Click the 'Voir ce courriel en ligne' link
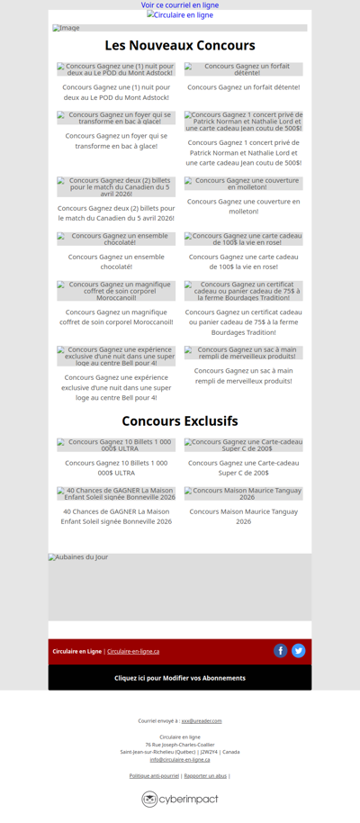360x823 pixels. tap(180, 5)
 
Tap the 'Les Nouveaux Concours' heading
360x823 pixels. tap(180, 46)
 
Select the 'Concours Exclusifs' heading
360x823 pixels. tap(180, 421)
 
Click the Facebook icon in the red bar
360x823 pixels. tap(281, 651)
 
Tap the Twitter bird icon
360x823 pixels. tap(299, 651)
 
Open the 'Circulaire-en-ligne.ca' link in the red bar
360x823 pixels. tap(133, 651)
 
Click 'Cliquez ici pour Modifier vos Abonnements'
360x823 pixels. tap(180, 678)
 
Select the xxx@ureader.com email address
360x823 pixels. tap(202, 721)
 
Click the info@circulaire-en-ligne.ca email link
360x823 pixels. tap(180, 759)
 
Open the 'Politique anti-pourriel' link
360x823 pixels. tap(154, 775)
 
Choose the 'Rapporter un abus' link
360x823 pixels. tap(205, 775)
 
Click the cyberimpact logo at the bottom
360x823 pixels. tap(180, 799)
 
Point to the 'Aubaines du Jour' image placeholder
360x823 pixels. tap(180, 586)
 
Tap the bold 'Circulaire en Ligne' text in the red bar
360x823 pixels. tap(76, 651)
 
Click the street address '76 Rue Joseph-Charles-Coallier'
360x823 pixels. tap(180, 745)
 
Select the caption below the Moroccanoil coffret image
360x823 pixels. tap(116, 318)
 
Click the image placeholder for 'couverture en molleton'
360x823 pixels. tap(244, 184)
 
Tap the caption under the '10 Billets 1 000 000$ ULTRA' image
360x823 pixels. tap(116, 467)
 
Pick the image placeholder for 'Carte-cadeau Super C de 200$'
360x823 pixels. tap(244, 445)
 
